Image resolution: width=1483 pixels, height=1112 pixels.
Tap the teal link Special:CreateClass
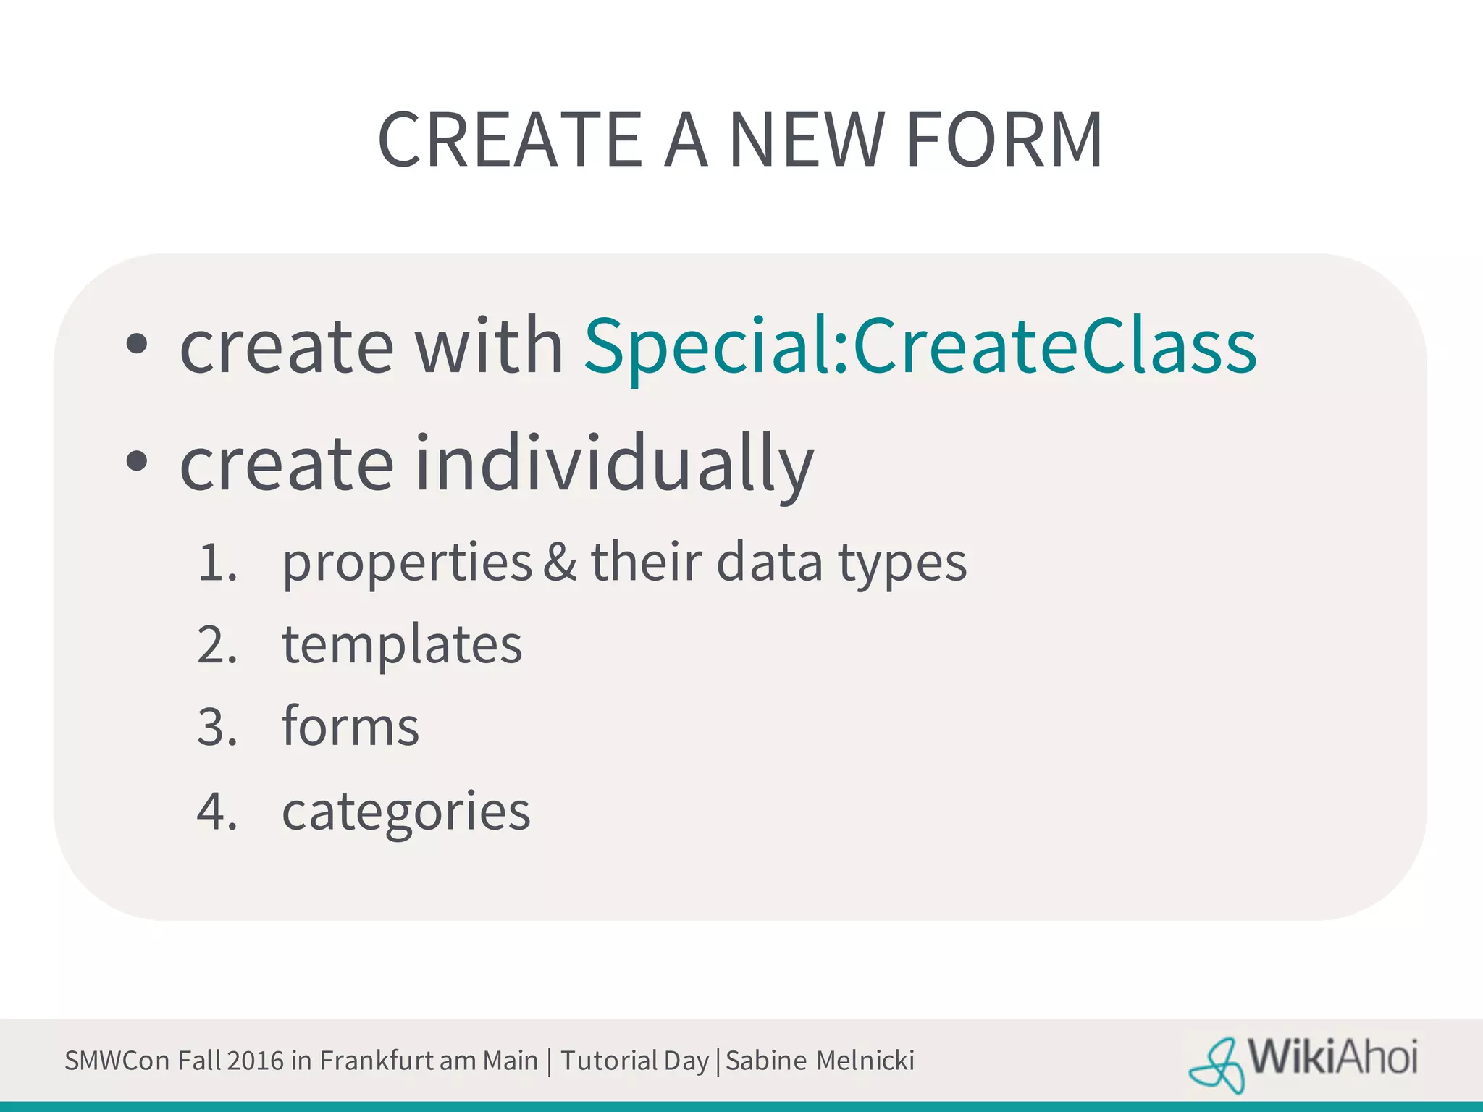coord(920,347)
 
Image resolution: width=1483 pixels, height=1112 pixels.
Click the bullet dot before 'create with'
coord(136,345)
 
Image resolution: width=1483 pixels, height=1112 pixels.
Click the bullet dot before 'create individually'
coord(136,461)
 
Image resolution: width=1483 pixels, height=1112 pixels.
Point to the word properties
coord(407,563)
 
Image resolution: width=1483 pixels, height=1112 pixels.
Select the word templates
coord(402,644)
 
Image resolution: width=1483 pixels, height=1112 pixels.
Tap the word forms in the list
coord(350,726)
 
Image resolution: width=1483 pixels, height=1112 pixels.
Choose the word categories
coord(406,811)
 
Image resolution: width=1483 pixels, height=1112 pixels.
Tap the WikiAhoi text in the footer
coord(1332,1058)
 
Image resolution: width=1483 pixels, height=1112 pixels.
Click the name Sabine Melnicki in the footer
coord(820,1061)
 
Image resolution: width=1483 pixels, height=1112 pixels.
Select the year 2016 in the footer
coord(255,1061)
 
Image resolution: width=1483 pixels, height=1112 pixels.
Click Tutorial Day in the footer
coord(634,1061)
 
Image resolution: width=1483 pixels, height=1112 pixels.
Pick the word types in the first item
coord(902,563)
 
